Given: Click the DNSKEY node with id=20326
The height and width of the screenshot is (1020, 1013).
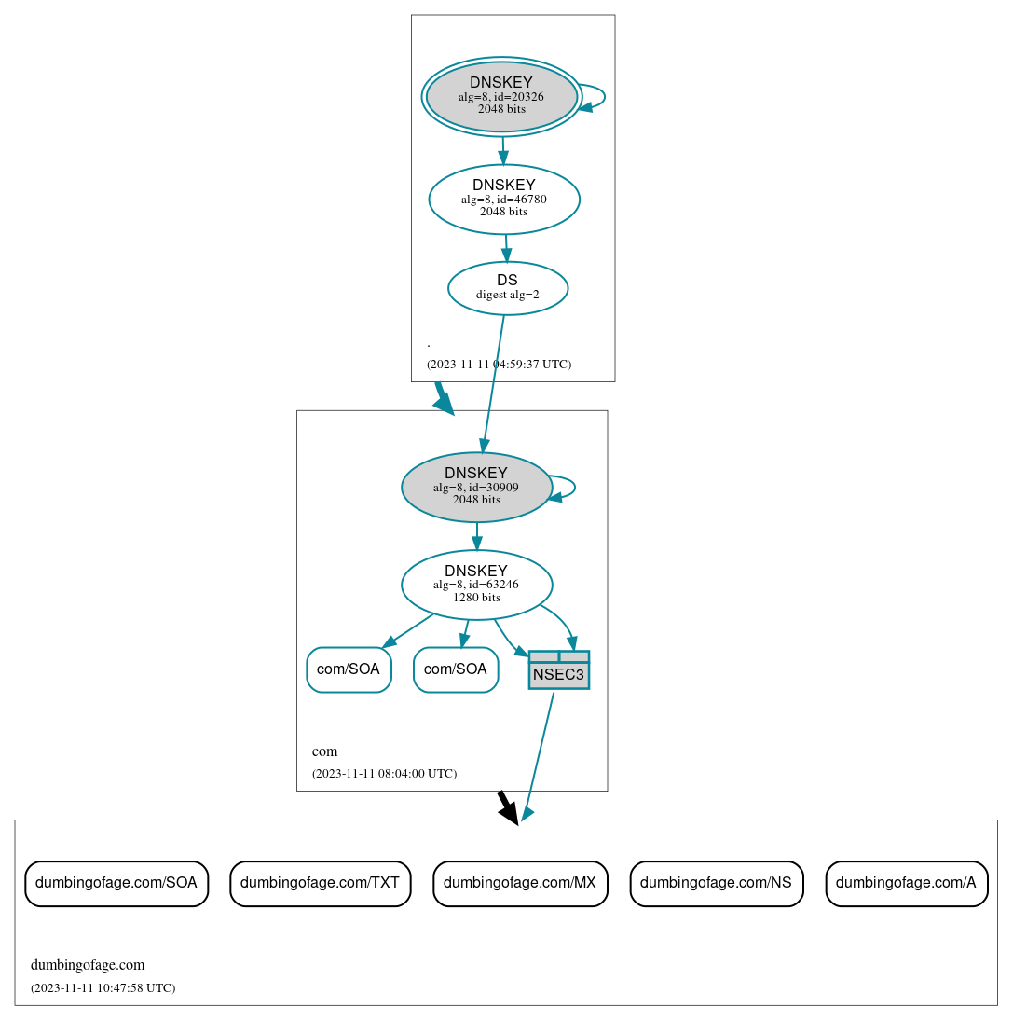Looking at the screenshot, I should coord(501,96).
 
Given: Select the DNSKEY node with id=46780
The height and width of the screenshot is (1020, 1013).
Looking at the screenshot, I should coord(504,199).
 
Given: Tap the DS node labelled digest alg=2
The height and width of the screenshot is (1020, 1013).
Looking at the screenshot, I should coord(508,288).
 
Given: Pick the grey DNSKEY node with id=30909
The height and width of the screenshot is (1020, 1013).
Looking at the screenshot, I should coord(476,487).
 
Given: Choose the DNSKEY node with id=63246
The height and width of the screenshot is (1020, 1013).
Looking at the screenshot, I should coord(476,585).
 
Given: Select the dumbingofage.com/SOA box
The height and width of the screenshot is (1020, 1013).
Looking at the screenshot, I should coord(116,883).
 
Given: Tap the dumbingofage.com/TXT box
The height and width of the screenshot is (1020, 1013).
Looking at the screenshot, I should coord(320,883).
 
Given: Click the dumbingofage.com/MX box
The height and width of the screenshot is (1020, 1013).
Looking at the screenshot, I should coord(520,883).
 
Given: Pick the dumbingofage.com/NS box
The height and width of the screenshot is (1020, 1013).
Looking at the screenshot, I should coord(717,883).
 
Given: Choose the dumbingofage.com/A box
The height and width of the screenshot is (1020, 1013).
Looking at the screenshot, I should coord(906,883).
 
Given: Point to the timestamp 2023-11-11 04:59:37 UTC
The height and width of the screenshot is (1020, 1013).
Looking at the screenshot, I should coord(499,365).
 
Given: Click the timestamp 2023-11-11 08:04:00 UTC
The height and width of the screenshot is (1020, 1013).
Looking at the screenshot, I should coord(384,774).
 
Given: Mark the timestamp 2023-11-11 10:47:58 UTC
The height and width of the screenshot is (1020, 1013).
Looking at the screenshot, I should coord(103,988).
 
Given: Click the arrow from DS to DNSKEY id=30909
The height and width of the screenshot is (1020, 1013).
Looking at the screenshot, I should coord(493,382).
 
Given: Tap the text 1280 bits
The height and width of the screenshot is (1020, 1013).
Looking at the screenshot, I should coord(476,598).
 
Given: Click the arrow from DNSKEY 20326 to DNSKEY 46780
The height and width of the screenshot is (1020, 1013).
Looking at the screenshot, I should coord(503,150).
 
